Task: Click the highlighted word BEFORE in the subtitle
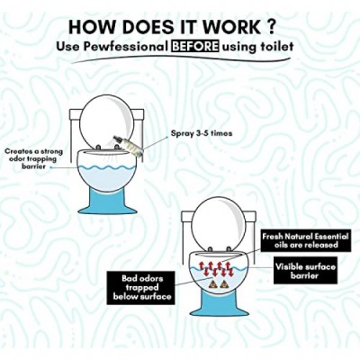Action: (194, 47)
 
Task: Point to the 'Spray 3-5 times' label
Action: (202, 133)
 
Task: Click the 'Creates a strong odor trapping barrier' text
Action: (33, 158)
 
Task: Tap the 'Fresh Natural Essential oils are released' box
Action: (306, 240)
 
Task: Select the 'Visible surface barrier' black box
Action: (305, 270)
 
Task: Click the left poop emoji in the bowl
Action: (212, 283)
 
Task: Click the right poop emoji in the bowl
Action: (223, 283)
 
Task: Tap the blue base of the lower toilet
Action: (218, 303)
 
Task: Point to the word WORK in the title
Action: (227, 27)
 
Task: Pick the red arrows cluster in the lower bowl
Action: (216, 268)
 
